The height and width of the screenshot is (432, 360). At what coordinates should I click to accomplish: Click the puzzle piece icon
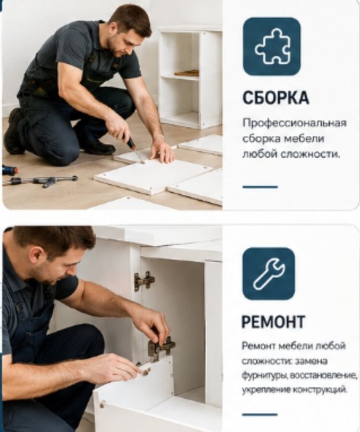(x=272, y=46)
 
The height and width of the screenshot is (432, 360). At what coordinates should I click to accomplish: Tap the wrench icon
(x=269, y=274)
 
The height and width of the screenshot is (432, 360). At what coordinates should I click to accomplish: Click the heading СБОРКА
(x=276, y=98)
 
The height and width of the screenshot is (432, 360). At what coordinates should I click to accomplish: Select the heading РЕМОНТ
(x=274, y=321)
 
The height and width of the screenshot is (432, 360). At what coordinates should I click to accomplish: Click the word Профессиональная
(x=294, y=123)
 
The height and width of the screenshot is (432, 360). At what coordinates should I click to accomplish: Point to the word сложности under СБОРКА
(x=310, y=155)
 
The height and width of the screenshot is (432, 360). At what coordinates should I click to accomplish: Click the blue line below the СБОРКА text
(x=260, y=187)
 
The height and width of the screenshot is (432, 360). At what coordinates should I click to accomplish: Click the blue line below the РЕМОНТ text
(x=260, y=414)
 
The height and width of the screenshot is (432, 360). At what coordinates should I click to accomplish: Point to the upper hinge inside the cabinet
(x=144, y=281)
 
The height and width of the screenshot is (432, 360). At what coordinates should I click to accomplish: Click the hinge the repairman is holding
(x=161, y=348)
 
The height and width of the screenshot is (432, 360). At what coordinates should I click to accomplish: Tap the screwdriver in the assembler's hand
(x=134, y=149)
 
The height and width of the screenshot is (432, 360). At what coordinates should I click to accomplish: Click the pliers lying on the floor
(x=43, y=181)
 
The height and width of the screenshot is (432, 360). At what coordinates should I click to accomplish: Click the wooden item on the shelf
(x=187, y=73)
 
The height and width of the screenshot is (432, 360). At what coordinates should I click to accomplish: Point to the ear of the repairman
(x=35, y=256)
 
